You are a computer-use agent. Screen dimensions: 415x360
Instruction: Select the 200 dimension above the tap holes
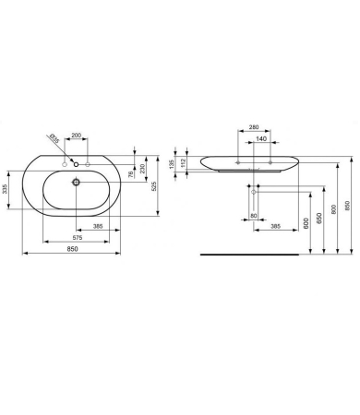click(77, 136)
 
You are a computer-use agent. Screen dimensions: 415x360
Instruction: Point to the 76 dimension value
click(131, 172)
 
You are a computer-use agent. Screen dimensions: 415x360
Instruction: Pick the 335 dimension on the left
click(6, 190)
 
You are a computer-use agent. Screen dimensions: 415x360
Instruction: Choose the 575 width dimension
click(78, 239)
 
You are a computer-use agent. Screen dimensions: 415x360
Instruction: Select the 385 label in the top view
click(98, 225)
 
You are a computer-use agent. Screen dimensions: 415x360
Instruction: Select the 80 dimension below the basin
click(253, 218)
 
